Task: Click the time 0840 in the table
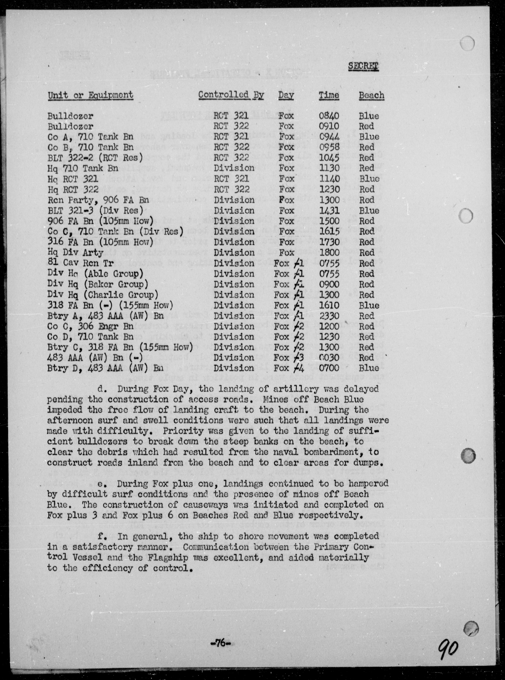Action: pyautogui.click(x=329, y=116)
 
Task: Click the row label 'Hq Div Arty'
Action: pyautogui.click(x=75, y=253)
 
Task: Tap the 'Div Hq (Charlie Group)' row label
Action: pyautogui.click(x=103, y=295)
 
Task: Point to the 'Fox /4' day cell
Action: pyautogui.click(x=289, y=368)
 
